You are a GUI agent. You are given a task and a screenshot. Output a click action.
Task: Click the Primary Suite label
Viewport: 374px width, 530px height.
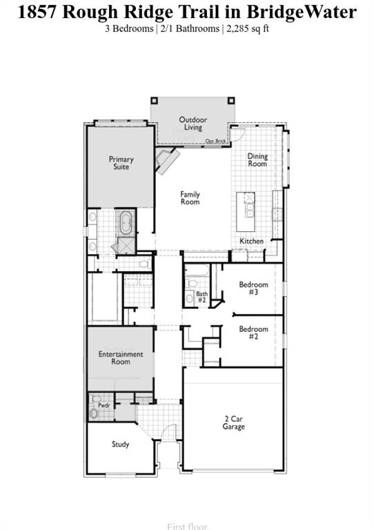click(x=121, y=163)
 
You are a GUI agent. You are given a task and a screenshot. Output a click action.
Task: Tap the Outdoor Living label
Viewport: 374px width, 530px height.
click(x=193, y=124)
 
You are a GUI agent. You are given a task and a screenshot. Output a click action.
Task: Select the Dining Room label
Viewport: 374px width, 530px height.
click(x=257, y=160)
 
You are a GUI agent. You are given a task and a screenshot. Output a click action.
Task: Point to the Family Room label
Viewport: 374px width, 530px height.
click(x=190, y=198)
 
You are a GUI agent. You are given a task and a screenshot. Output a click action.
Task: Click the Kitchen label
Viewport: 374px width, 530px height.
click(x=251, y=241)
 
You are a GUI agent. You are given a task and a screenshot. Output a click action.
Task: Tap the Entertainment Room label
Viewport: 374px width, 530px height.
click(x=120, y=357)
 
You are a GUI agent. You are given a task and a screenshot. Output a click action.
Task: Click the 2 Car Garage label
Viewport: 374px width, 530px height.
click(x=234, y=422)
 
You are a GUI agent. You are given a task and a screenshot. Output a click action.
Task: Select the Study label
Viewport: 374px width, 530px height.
click(x=120, y=444)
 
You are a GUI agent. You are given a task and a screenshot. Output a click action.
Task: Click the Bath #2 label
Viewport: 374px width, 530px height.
click(x=201, y=297)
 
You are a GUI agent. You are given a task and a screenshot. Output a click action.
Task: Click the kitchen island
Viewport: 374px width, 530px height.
click(x=246, y=212)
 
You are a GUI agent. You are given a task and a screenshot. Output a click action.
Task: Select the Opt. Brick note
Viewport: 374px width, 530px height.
click(x=215, y=141)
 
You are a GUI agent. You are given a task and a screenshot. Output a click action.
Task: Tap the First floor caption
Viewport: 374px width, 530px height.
click(x=187, y=526)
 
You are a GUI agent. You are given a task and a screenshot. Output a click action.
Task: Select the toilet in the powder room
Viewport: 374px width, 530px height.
click(x=94, y=413)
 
